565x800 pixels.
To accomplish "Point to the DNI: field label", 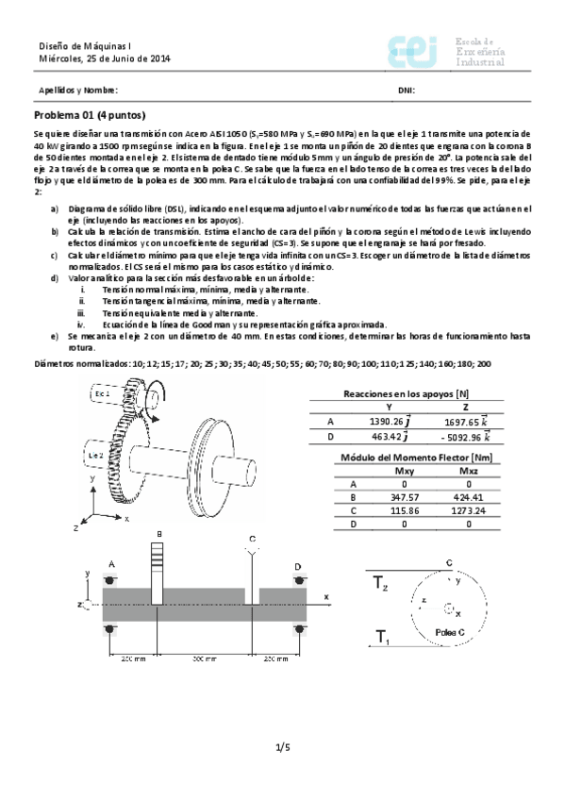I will pyautogui.click(x=407, y=91).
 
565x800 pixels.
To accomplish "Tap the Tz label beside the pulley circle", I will pyautogui.click(x=380, y=583).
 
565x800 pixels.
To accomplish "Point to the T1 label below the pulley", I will pyautogui.click(x=380, y=639).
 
